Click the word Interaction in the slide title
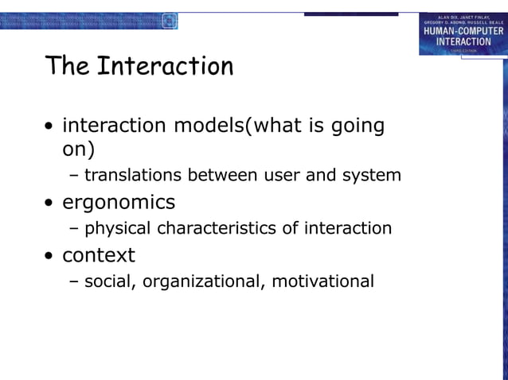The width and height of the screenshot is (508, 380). point(165,66)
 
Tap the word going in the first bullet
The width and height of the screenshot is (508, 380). point(355,126)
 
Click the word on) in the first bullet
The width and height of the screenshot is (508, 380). point(78,149)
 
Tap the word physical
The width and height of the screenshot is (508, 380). point(119,229)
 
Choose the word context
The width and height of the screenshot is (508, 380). point(99,255)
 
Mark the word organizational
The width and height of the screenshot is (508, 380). point(202,281)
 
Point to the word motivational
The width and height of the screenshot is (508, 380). point(322,281)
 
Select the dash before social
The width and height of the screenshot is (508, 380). point(74,281)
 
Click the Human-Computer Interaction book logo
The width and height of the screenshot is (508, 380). point(463,34)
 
